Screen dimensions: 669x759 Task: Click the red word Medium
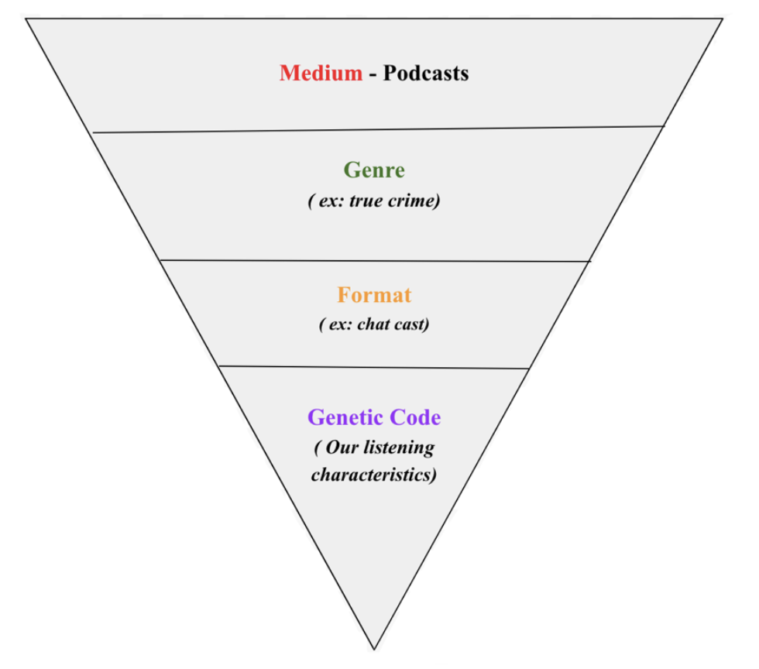321,74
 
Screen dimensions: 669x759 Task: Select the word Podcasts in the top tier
426,74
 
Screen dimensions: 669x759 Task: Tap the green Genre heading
374,170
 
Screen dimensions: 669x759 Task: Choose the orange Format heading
374,295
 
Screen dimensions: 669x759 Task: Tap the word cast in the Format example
410,324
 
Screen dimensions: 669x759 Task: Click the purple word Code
415,417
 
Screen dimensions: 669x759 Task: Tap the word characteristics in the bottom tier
373,474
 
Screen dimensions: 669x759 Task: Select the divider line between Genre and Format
374,261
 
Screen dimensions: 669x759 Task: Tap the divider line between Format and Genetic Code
374,367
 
